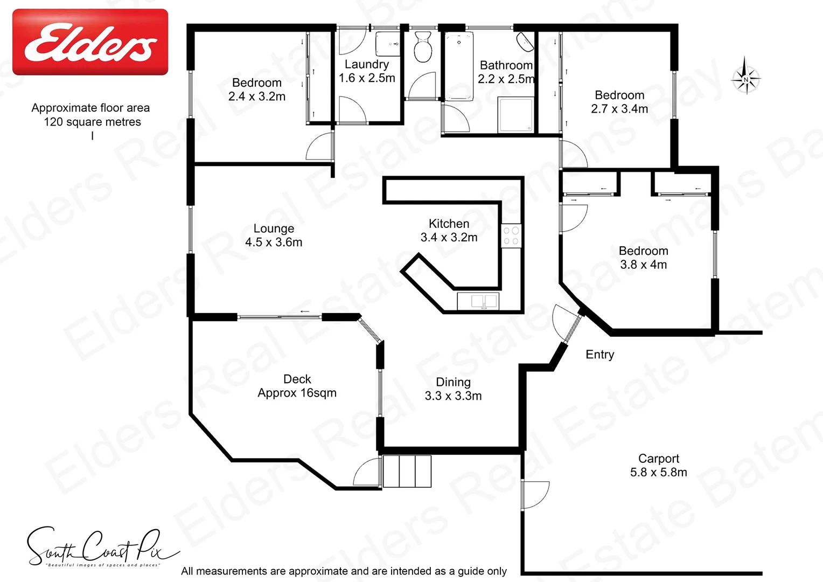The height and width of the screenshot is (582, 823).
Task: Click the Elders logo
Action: coord(90,42)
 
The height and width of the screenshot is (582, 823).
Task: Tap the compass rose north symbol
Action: coord(746,79)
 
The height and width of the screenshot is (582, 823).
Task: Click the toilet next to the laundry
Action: coord(423,46)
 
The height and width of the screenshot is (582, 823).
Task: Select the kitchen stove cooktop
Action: coord(511,236)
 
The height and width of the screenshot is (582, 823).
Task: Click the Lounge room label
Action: coord(274,235)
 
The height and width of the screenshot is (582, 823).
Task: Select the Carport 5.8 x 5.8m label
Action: coord(658,465)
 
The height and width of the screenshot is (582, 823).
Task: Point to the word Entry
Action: coord(599,355)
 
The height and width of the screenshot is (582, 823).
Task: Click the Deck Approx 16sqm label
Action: coord(297,386)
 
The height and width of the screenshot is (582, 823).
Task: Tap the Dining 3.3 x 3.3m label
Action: coord(453,389)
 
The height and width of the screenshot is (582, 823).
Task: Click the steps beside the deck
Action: coord(407,471)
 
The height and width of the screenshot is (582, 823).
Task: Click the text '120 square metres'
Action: coord(92,122)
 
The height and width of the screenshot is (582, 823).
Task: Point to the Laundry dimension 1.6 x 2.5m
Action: coord(367,78)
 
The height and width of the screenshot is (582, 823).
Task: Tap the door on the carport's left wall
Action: coord(535,494)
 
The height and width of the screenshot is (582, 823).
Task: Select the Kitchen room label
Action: coord(449,230)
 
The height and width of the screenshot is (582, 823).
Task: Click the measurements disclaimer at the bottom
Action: coord(344,571)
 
